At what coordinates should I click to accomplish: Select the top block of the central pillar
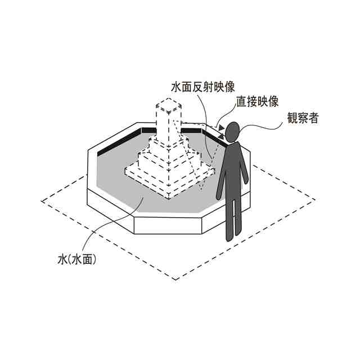tap(169, 107)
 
